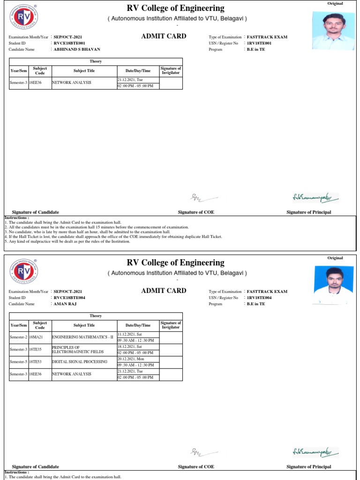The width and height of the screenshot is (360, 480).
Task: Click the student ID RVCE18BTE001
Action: (69, 43)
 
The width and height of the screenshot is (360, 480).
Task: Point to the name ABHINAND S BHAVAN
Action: (77, 49)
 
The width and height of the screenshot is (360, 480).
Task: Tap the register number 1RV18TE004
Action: (259, 298)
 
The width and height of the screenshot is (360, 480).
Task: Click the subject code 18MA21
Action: (36, 337)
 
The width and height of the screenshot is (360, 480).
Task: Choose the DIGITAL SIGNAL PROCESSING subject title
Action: (79, 362)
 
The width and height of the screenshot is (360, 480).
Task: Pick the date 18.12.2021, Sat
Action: (130, 346)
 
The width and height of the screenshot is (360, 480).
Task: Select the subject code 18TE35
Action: (36, 349)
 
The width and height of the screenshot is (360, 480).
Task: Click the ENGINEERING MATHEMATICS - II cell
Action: (82, 337)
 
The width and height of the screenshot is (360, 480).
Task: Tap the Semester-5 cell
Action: (19, 362)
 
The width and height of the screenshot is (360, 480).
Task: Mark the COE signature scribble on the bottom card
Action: (203, 452)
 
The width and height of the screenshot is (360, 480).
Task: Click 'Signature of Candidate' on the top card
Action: (35, 212)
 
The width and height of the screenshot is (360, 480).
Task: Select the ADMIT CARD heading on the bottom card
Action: (164, 291)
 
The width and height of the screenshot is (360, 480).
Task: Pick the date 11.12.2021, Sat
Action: (130, 334)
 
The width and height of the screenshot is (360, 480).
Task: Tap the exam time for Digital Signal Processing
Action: (135, 365)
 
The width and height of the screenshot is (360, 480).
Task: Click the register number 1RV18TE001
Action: (259, 43)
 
